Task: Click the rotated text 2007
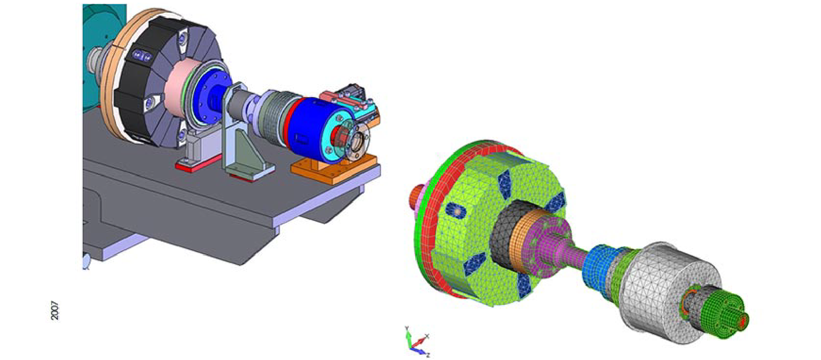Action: point(55,310)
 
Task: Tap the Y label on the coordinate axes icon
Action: point(406,328)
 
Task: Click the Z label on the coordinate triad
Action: point(428,355)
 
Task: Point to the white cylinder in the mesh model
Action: point(661,287)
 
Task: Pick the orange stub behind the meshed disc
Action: point(415,197)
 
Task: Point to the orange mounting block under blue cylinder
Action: point(333,169)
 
